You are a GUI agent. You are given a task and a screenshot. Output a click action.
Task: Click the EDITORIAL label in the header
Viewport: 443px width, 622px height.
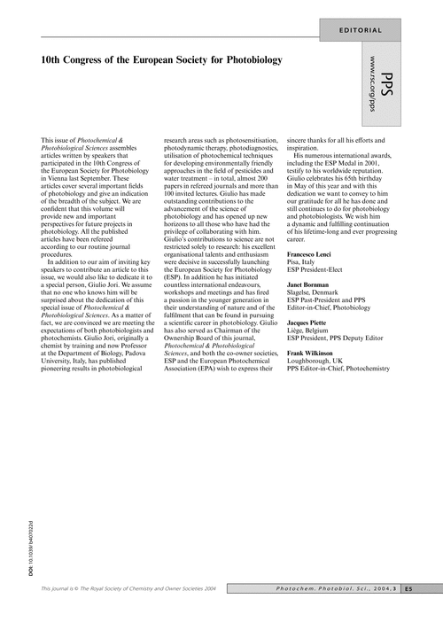point(361,30)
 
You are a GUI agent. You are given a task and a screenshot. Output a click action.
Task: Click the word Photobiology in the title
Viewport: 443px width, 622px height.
point(250,59)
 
